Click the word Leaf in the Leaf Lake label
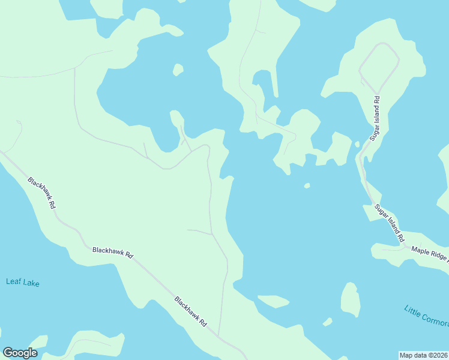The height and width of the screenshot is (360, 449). pos(14,282)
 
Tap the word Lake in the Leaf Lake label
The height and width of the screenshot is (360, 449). pos(31,283)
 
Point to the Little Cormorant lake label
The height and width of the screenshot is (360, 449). pos(426,317)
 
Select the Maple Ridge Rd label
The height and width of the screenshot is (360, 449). pos(429,253)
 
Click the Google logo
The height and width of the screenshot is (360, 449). pos(20,353)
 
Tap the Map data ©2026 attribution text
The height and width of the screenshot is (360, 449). pos(423,355)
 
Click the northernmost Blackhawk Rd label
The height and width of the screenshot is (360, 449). pos(42,192)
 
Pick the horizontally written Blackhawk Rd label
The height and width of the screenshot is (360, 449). pos(112,251)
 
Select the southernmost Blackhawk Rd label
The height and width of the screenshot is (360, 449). pos(190,311)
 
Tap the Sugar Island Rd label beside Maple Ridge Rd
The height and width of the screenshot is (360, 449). pos(389,223)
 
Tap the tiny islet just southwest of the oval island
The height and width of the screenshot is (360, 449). pos(327,322)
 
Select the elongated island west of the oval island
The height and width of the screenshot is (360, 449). pos(273,301)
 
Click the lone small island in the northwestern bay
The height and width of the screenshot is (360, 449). pos(178,70)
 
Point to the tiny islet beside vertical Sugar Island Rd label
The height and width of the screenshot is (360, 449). pos(357,144)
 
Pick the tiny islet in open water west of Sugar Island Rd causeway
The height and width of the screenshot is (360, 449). pos(307,185)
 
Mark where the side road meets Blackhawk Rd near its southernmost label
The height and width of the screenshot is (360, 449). pos(218,336)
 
